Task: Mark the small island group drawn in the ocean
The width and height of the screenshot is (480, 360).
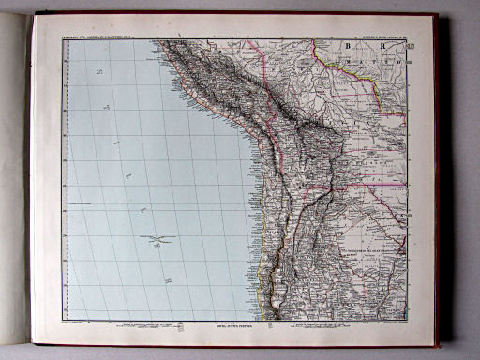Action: click(160, 240)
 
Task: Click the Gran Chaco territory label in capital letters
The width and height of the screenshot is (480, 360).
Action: click(370, 251)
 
